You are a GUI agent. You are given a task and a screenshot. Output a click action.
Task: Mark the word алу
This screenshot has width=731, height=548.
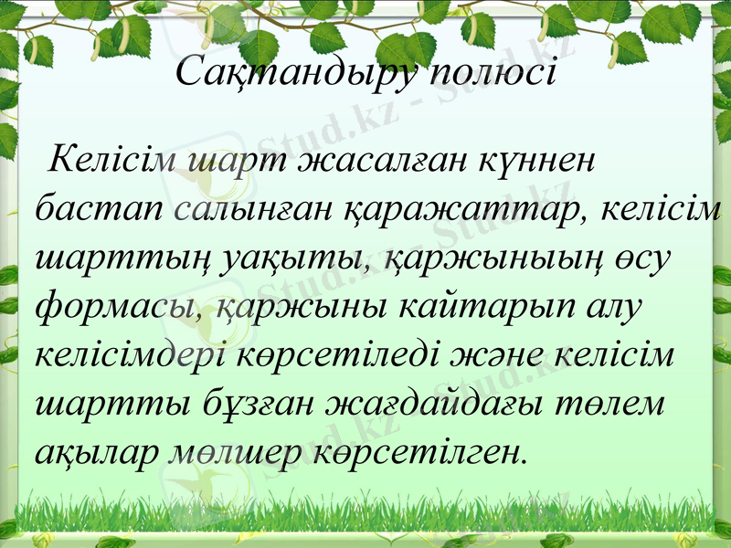point(614,309)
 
